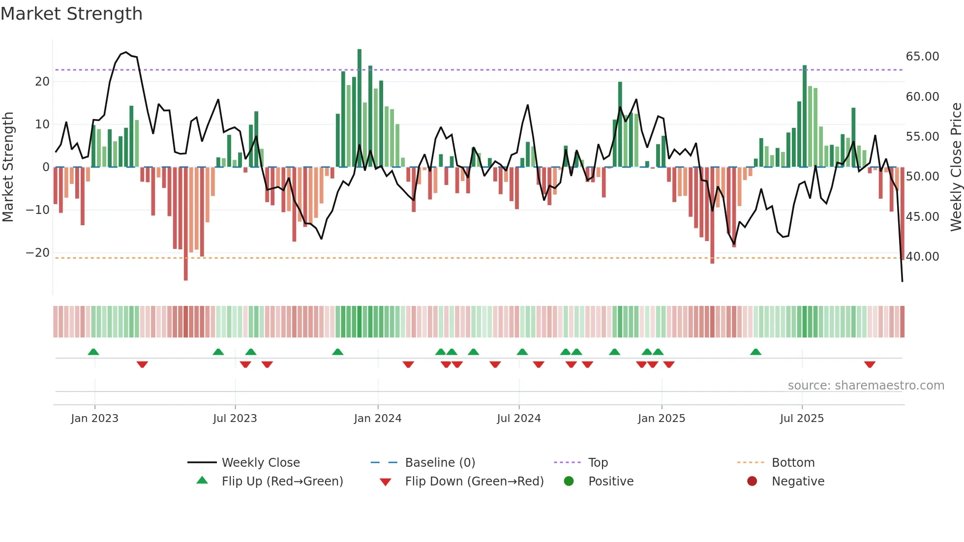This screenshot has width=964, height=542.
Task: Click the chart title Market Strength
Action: [x=71, y=14]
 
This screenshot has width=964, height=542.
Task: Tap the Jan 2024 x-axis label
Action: [x=377, y=419]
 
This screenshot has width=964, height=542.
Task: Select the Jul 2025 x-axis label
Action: [x=801, y=419]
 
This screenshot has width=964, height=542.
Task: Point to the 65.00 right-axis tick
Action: [x=922, y=57]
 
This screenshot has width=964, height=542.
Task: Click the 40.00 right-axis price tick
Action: [x=922, y=257]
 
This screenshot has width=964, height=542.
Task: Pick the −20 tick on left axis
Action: [x=38, y=253]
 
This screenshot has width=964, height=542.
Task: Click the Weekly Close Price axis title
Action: [x=956, y=167]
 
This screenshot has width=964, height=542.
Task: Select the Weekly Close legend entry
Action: [x=260, y=463]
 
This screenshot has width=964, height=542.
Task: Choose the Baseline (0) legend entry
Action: [x=440, y=463]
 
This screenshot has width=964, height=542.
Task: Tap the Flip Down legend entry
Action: [x=474, y=482]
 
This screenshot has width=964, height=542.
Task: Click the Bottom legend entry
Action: [x=793, y=463]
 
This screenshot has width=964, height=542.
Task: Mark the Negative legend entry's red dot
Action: [x=752, y=482]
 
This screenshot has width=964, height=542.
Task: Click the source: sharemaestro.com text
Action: [x=866, y=386]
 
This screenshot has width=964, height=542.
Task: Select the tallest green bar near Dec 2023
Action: [x=360, y=108]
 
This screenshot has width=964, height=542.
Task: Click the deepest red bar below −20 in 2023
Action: [x=186, y=224]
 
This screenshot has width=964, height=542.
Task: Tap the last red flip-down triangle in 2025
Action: [x=870, y=364]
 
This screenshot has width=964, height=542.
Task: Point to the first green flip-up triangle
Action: [x=93, y=352]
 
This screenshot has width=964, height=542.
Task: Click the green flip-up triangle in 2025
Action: [x=755, y=352]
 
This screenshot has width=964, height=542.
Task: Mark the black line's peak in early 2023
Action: [x=126, y=52]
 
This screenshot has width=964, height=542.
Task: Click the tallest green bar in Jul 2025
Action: [x=805, y=116]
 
